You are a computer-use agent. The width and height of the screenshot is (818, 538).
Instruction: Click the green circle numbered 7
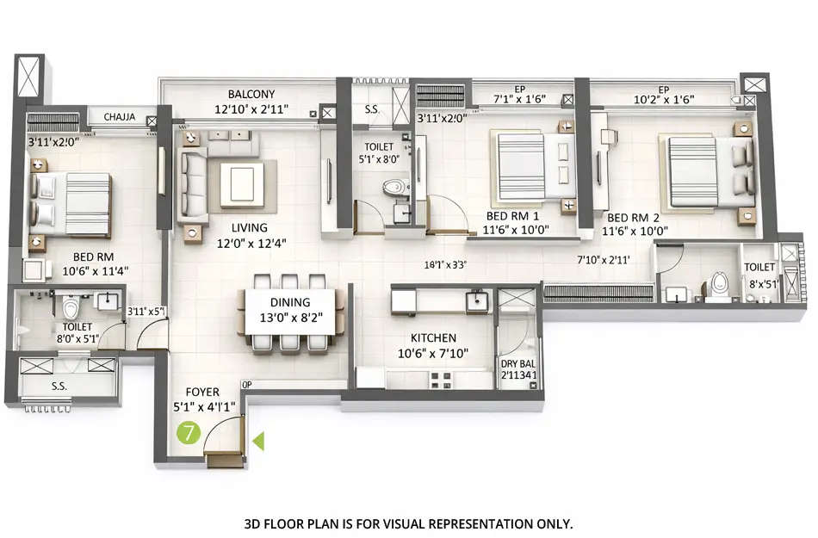point(188,433)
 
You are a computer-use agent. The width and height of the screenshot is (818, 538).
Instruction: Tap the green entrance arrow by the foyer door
point(257,442)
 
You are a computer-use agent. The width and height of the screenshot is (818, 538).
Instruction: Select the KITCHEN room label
point(433,338)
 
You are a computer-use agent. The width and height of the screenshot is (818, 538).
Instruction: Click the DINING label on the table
point(289,302)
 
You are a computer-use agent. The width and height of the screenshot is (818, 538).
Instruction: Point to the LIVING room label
point(251,228)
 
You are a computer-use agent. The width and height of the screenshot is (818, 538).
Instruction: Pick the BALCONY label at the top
point(251,94)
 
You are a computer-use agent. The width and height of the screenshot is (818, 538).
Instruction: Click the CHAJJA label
point(120,117)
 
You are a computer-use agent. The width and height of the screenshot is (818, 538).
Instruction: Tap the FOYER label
point(195,392)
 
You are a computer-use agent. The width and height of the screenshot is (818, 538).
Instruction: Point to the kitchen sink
point(476,300)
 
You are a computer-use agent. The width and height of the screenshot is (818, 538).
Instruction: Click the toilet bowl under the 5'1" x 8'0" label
point(394,187)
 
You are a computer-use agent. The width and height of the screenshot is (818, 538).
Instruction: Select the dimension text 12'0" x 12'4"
point(251,243)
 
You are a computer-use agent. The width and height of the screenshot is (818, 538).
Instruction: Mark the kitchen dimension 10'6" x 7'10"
point(433,352)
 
